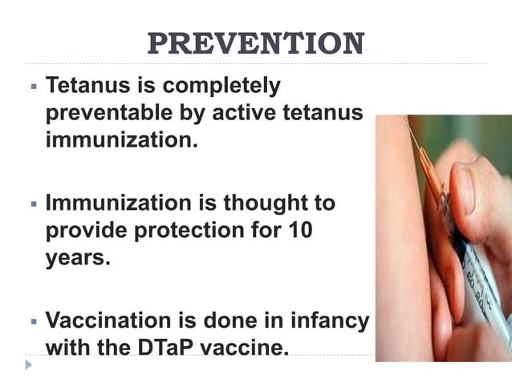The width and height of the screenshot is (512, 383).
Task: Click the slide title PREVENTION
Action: pyautogui.click(x=256, y=43)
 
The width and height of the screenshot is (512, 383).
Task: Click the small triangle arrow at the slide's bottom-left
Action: pyautogui.click(x=29, y=365)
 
